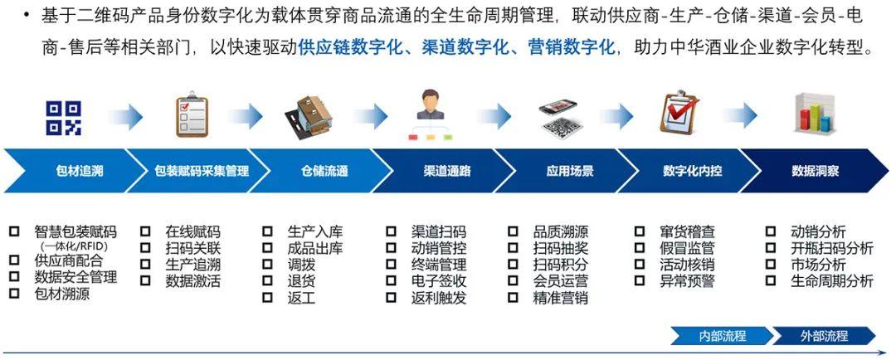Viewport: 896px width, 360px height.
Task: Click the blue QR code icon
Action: (63, 118)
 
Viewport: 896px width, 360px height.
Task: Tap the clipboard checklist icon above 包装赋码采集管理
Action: (192, 114)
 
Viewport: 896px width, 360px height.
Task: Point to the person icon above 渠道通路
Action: (431, 114)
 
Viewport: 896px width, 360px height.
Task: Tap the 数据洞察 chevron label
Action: (816, 170)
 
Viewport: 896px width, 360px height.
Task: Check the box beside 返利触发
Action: (391, 297)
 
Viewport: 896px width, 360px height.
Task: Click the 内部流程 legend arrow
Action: (723, 335)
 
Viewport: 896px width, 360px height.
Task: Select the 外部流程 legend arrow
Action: (824, 335)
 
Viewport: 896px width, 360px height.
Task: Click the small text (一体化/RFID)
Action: (74, 246)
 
